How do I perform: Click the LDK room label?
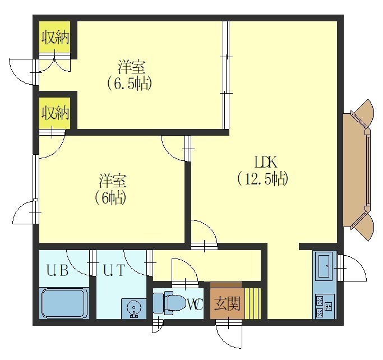pyautogui.click(x=266, y=162)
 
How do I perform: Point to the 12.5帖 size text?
pyautogui.click(x=263, y=179)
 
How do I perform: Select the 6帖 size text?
pyautogui.click(x=110, y=198)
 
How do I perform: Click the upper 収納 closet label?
pyautogui.click(x=55, y=38)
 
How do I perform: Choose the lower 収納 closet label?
pyautogui.click(x=55, y=113)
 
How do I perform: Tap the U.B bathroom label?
pyautogui.click(x=57, y=271)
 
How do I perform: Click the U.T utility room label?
pyautogui.click(x=114, y=270)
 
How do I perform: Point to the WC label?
pyautogui.click(x=195, y=304)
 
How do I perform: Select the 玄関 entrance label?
pyautogui.click(x=227, y=304)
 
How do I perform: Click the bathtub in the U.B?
pyautogui.click(x=64, y=303)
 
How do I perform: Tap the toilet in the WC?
pyautogui.click(x=169, y=303)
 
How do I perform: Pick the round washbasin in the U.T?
pyautogui.click(x=134, y=308)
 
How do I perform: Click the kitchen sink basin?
pyautogui.click(x=324, y=266)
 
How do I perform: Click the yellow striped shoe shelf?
pyautogui.click(x=253, y=303)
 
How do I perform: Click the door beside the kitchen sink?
pyautogui.click(x=352, y=268)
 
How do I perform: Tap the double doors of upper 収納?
pyautogui.click(x=55, y=62)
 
